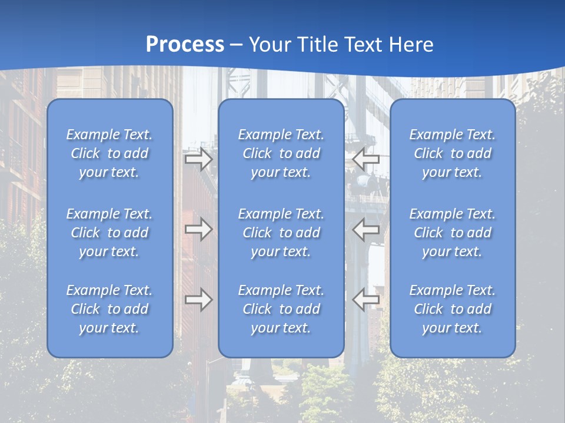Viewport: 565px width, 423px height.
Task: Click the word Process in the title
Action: (x=185, y=45)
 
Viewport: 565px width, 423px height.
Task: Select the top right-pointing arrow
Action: (x=198, y=159)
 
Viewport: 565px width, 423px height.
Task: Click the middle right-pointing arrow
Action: (x=198, y=229)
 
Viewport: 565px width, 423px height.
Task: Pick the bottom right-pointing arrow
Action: (x=198, y=300)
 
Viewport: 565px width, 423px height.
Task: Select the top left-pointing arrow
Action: (x=365, y=159)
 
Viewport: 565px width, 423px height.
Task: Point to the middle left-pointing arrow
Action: (x=365, y=229)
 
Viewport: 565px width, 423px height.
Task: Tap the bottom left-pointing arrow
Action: (x=365, y=300)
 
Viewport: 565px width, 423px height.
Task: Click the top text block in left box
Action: (x=109, y=153)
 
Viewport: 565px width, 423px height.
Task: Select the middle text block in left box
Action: (x=109, y=233)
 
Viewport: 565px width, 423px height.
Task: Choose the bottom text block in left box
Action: (x=109, y=309)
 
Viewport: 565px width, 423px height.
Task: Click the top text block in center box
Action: (x=281, y=153)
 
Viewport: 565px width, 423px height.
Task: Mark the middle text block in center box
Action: (x=281, y=233)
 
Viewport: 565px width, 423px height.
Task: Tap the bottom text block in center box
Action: (x=281, y=309)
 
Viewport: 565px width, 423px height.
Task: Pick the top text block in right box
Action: (x=453, y=153)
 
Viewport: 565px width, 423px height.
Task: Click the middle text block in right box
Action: (x=453, y=233)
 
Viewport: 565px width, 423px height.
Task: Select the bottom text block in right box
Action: (x=453, y=309)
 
